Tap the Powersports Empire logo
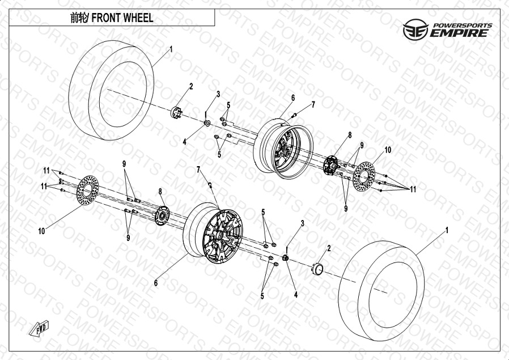448,29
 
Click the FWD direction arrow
39,328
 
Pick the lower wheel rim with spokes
213,233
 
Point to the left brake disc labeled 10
88,190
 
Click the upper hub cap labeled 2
176,112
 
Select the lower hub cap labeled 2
317,269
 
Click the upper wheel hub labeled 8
330,165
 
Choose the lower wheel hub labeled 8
162,215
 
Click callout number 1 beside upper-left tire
171,49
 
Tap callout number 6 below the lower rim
156,283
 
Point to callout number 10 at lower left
41,231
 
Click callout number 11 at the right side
413,189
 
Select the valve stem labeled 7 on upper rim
294,115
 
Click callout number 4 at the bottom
296,295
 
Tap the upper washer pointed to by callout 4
207,123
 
